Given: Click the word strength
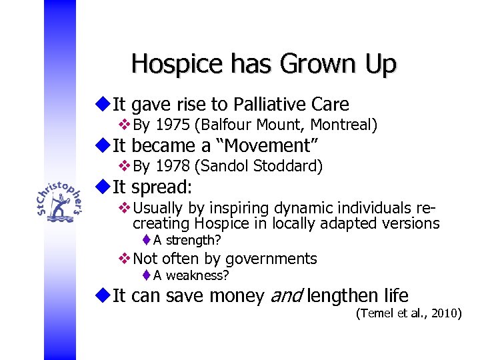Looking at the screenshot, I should [x=193, y=240].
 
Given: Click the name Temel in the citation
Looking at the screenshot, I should [x=377, y=313].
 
